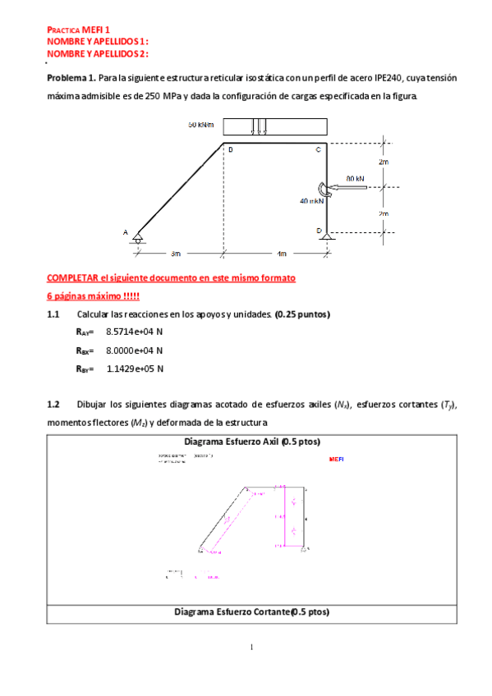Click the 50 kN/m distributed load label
(200, 126)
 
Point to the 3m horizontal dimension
(175, 253)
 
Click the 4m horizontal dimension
(281, 253)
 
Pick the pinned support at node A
(137, 238)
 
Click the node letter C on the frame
(319, 150)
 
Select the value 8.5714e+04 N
(135, 331)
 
